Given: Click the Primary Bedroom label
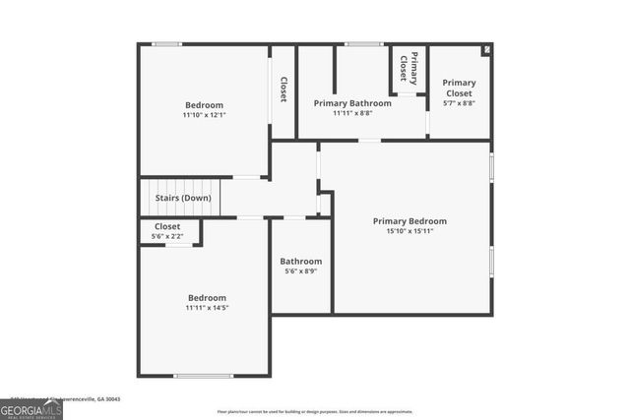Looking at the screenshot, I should [x=409, y=221].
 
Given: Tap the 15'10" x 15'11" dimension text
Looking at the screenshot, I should [x=409, y=232].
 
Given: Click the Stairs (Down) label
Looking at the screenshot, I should [x=183, y=198].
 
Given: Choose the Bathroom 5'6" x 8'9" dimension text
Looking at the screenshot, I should [x=301, y=271].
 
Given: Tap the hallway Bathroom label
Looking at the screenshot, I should [x=301, y=261].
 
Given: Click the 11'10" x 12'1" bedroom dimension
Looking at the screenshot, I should [x=204, y=115].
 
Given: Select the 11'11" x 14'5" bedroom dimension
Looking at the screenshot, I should [x=207, y=309].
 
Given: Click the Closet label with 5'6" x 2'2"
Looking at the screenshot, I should [x=167, y=226].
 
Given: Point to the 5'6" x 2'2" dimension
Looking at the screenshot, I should [x=167, y=236].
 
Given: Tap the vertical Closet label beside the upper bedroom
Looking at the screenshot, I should [x=283, y=90].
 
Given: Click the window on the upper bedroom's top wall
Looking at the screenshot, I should [x=167, y=43].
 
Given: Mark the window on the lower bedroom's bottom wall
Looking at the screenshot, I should [x=203, y=376].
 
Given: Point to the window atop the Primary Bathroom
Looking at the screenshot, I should [x=363, y=43].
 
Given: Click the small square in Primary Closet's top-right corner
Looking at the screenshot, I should [x=485, y=49].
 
